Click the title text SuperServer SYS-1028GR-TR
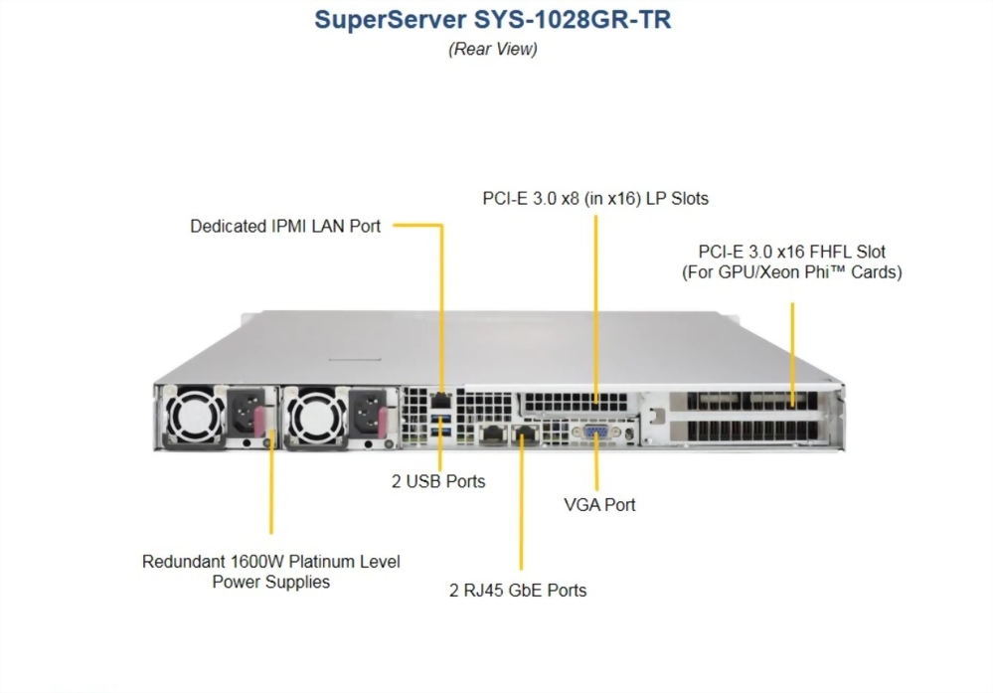coord(492,20)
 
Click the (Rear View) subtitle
coord(492,49)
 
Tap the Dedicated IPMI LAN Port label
coord(285,227)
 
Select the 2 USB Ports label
coord(438,481)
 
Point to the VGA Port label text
coord(599,505)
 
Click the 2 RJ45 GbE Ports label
coord(518,591)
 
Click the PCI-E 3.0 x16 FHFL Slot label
coord(792,261)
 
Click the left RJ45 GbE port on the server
coord(491,433)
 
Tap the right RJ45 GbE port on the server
coord(523,433)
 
